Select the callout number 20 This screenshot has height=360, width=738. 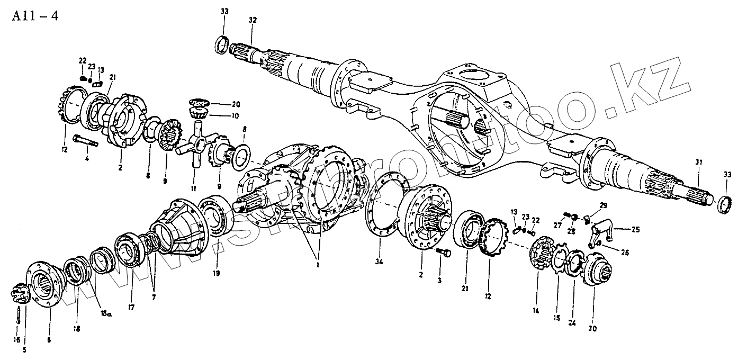pyautogui.click(x=236, y=104)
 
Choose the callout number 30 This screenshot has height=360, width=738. pyautogui.click(x=592, y=328)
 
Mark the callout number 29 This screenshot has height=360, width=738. pyautogui.click(x=604, y=205)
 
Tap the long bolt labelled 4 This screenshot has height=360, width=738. pyautogui.click(x=87, y=141)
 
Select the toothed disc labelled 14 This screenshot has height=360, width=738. pyautogui.click(x=539, y=256)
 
